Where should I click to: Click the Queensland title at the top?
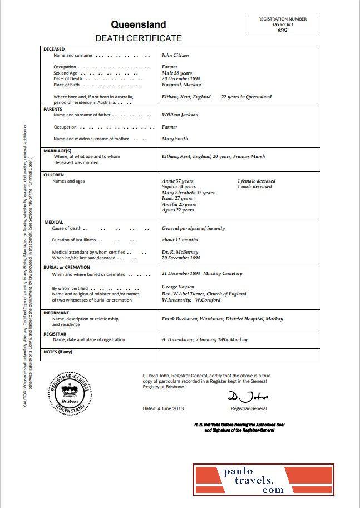(138, 24)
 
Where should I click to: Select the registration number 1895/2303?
(282, 25)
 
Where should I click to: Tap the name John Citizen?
(175, 56)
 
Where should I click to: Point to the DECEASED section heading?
(54, 50)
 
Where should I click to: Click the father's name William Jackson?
(180, 115)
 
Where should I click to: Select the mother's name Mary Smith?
(175, 139)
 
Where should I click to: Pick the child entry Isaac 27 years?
(177, 198)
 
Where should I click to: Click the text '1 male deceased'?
(254, 187)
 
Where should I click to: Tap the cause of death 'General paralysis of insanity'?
(193, 228)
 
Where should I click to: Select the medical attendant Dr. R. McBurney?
(180, 252)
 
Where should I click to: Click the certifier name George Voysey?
(177, 287)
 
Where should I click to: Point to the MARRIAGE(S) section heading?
(57, 151)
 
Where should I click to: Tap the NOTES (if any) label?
(58, 352)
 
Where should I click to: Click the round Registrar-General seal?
(70, 393)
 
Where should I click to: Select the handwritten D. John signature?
(248, 396)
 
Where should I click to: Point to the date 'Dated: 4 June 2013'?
(163, 408)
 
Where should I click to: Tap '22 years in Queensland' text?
(246, 97)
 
